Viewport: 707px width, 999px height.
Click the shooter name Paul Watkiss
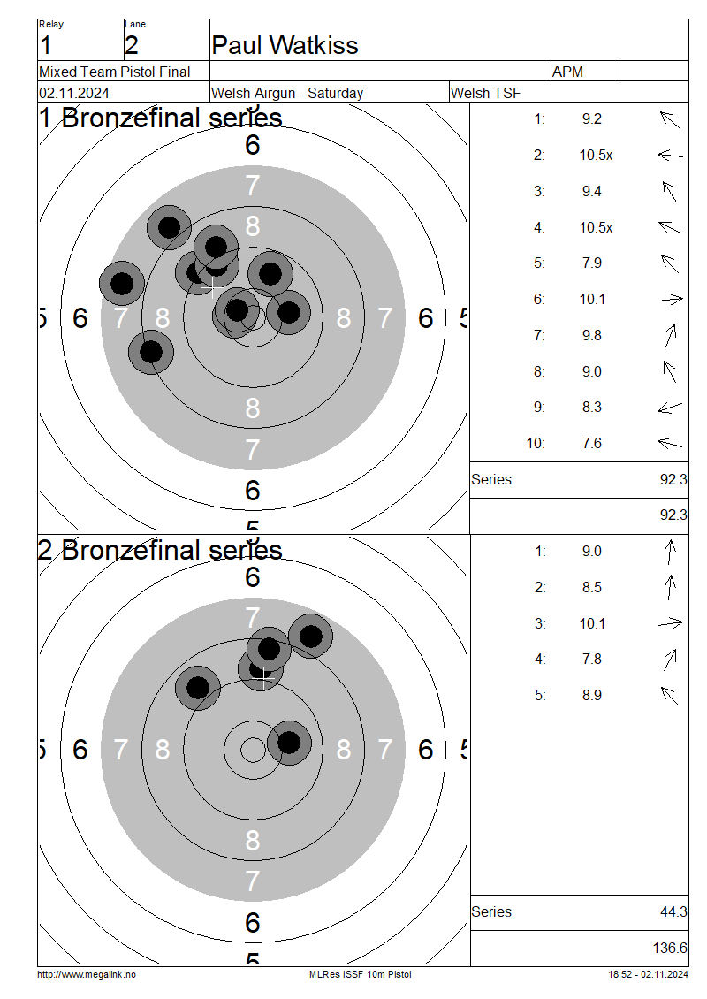(285, 45)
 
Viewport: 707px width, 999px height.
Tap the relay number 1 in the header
(45, 46)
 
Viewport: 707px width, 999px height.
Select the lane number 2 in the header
(131, 46)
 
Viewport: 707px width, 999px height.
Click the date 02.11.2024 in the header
(74, 93)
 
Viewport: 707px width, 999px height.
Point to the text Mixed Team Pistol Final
(115, 72)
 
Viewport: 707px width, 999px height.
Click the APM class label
(567, 72)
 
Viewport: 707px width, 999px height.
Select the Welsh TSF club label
(485, 93)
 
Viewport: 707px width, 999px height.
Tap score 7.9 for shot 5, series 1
(592, 263)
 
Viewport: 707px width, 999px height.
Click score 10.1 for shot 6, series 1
(592, 300)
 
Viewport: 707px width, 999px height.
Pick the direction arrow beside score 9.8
(670, 335)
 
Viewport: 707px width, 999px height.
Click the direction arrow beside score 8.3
(669, 408)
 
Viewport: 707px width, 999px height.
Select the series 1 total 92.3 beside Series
(673, 480)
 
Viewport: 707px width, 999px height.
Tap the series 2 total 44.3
(673, 912)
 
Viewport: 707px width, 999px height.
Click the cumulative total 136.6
(670, 948)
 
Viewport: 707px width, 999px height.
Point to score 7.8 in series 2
(592, 660)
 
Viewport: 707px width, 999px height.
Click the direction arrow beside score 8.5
(669, 587)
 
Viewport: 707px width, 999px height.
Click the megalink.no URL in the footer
(87, 974)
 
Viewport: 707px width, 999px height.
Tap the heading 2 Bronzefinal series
(160, 551)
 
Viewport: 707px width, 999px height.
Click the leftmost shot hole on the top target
(122, 284)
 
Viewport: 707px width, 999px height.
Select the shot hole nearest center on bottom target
(289, 743)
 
